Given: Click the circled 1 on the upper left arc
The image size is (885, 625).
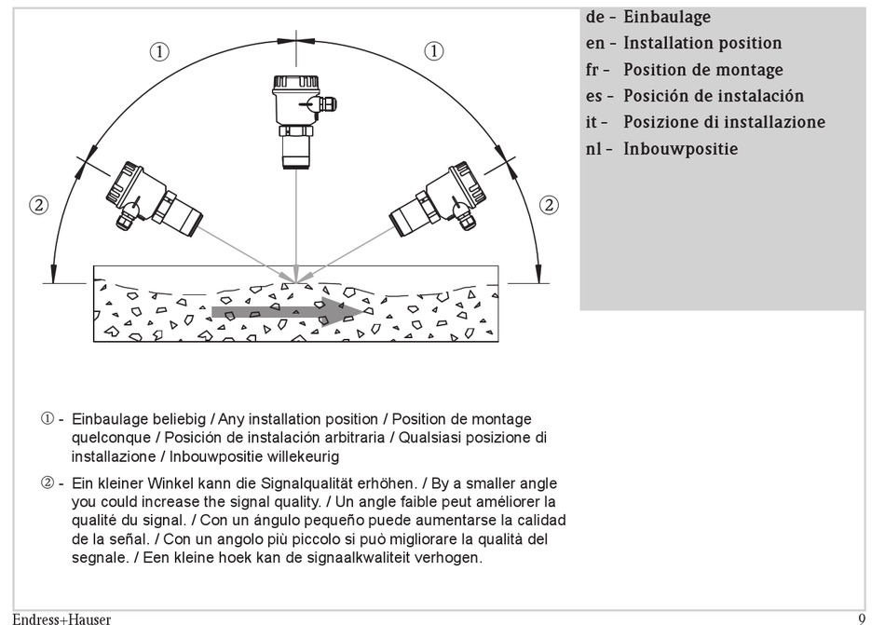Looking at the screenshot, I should [160, 52].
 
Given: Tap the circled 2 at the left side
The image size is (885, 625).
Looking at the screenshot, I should [38, 205].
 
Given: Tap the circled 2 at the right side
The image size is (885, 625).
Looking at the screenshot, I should [550, 205].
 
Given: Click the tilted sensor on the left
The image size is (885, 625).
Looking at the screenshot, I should [153, 196].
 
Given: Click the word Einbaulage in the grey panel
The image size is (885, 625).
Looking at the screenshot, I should [666, 17].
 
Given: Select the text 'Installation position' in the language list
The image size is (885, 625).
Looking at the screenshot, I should [702, 43].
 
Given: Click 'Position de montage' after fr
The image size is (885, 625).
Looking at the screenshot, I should [702, 70].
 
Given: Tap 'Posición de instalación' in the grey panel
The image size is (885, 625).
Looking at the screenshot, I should [713, 96].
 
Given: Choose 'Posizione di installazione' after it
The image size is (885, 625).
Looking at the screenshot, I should [724, 122].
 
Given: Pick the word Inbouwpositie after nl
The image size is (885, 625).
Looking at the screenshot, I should [680, 149].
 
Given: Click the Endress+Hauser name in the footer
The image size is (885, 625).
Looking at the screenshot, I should [61, 618].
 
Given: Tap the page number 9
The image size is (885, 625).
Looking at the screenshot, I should [862, 617].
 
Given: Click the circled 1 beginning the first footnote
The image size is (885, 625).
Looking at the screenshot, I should [47, 419].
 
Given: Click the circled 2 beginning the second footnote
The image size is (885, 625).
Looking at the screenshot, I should [47, 482].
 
